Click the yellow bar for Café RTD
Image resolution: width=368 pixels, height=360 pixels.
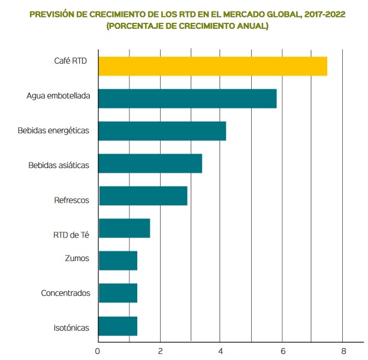pos(213,66)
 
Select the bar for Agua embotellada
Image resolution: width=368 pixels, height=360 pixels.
pos(187,98)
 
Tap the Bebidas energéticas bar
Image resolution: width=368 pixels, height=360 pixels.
pos(162,131)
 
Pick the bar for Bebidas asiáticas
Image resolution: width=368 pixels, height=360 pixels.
pos(150,163)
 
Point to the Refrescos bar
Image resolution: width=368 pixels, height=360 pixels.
pos(143,196)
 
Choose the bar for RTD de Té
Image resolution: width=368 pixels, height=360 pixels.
pos(124,229)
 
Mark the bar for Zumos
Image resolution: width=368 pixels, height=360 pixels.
pos(117,260)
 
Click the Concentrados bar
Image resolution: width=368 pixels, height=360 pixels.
pos(117,293)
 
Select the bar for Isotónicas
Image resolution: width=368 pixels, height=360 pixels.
pos(117,326)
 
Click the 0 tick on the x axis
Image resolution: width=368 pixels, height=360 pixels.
pos(98,350)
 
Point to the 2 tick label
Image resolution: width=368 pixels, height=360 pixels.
pos(160,350)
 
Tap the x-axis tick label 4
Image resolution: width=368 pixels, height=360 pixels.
pos(221,350)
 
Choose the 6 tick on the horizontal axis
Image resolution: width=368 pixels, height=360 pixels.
pos(282,350)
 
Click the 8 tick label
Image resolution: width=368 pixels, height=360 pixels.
pos(343,350)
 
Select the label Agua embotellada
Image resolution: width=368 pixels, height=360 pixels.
pos(58,96)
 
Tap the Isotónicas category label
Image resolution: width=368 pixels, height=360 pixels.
pos(71,328)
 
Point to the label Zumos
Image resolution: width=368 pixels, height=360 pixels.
pos(76,258)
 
